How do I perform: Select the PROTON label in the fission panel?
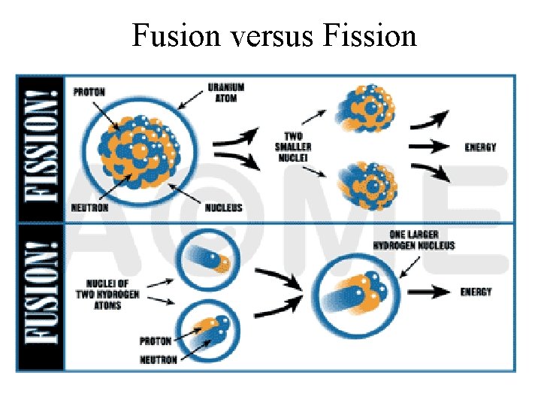point(89,92)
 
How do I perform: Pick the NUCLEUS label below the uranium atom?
point(223,207)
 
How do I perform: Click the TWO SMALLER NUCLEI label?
point(292,147)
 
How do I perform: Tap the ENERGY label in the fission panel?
point(480,147)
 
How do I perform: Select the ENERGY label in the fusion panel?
point(476,291)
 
